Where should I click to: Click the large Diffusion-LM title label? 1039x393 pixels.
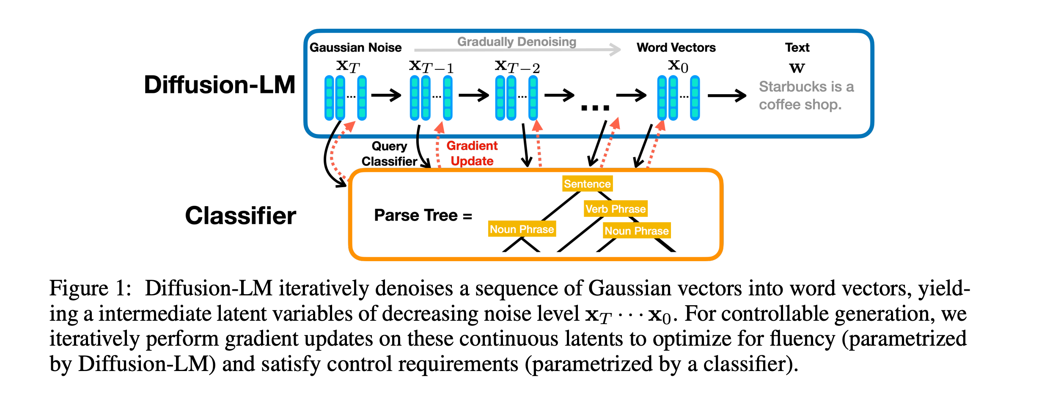click(x=220, y=85)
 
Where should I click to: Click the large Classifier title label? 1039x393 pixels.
click(x=241, y=216)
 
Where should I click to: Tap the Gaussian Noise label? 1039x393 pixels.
click(x=355, y=47)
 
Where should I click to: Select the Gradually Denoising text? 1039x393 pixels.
click(x=517, y=42)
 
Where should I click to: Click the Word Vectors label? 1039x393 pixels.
click(x=676, y=47)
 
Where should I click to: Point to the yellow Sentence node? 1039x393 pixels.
click(x=587, y=184)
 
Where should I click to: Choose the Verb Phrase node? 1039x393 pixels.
click(x=616, y=209)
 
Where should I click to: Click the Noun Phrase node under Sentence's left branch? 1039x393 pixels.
click(x=522, y=229)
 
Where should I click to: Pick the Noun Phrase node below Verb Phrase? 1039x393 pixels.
click(x=637, y=231)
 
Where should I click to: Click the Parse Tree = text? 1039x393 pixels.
click(x=423, y=216)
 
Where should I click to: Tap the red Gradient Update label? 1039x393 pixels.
click(x=472, y=153)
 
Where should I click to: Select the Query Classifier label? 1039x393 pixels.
click(x=389, y=154)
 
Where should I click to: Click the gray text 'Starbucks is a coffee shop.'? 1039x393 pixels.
click(x=806, y=96)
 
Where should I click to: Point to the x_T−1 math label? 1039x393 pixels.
click(x=432, y=66)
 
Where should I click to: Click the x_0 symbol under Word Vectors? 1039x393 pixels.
click(x=678, y=66)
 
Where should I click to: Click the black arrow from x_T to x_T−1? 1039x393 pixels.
click(x=386, y=95)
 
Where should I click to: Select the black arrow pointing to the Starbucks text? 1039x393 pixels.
click(x=727, y=96)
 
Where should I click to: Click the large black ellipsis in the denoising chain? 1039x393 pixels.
click(x=595, y=108)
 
